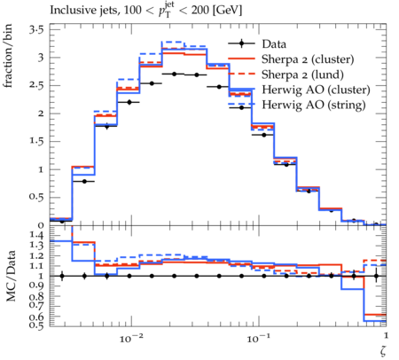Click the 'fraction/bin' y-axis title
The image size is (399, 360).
point(8,56)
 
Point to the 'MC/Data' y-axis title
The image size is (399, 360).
point(11,276)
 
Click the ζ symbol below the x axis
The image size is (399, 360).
point(383,351)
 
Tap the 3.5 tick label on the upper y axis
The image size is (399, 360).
point(36,30)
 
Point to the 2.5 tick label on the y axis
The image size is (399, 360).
point(36,86)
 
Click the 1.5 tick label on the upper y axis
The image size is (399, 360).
point(36,141)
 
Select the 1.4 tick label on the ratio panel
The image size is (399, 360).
point(36,236)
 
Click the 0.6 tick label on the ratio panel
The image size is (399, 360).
point(36,317)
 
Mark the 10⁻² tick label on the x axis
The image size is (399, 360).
point(130,338)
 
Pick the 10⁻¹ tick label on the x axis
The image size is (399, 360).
point(259,338)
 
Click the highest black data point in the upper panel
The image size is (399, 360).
point(174,74)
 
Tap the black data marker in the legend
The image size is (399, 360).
point(241,43)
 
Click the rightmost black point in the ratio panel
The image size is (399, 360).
point(376,277)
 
